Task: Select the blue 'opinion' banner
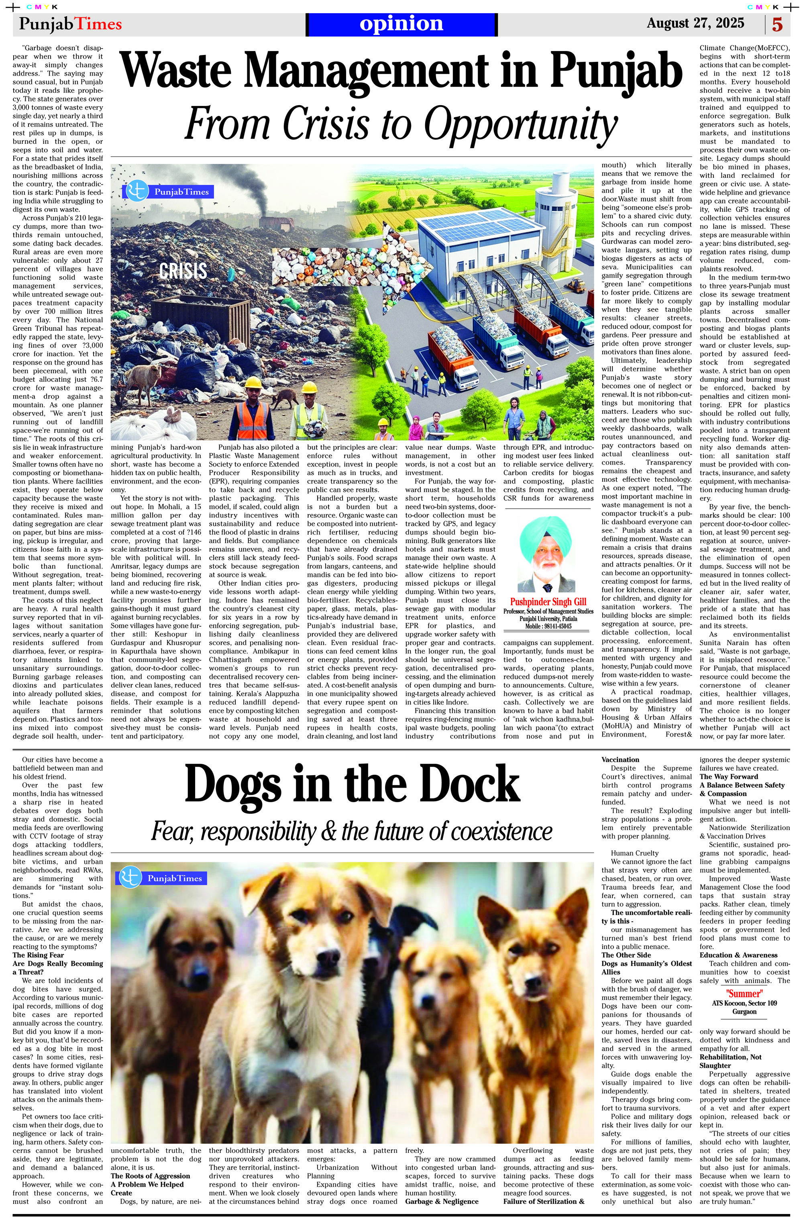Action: pyautogui.click(x=401, y=24)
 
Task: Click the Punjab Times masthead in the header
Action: pyautogui.click(x=70, y=24)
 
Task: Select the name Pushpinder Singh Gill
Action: pyautogui.click(x=548, y=602)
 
